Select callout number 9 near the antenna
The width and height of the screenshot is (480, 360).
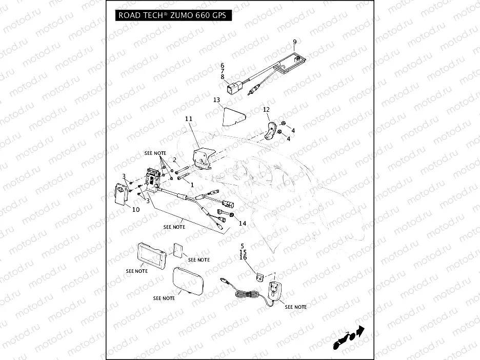tap(294, 42)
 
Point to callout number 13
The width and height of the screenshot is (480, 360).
tap(216, 99)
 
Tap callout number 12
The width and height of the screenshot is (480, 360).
tap(266, 109)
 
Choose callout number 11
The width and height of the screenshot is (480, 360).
tap(188, 119)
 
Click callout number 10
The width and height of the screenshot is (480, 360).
tap(136, 209)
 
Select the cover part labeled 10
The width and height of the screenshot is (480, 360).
tap(121, 195)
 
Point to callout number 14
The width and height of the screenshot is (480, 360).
tap(243, 223)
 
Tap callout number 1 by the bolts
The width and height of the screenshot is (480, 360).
tap(192, 184)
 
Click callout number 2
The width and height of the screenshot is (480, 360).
tap(174, 161)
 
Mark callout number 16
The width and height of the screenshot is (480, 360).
tap(243, 258)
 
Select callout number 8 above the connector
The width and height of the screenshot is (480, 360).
tap(223, 77)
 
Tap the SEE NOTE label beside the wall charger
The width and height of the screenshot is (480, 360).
tap(296, 307)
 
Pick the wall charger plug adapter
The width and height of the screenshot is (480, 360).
tap(274, 291)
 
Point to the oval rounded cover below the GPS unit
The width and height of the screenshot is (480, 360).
tap(189, 281)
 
